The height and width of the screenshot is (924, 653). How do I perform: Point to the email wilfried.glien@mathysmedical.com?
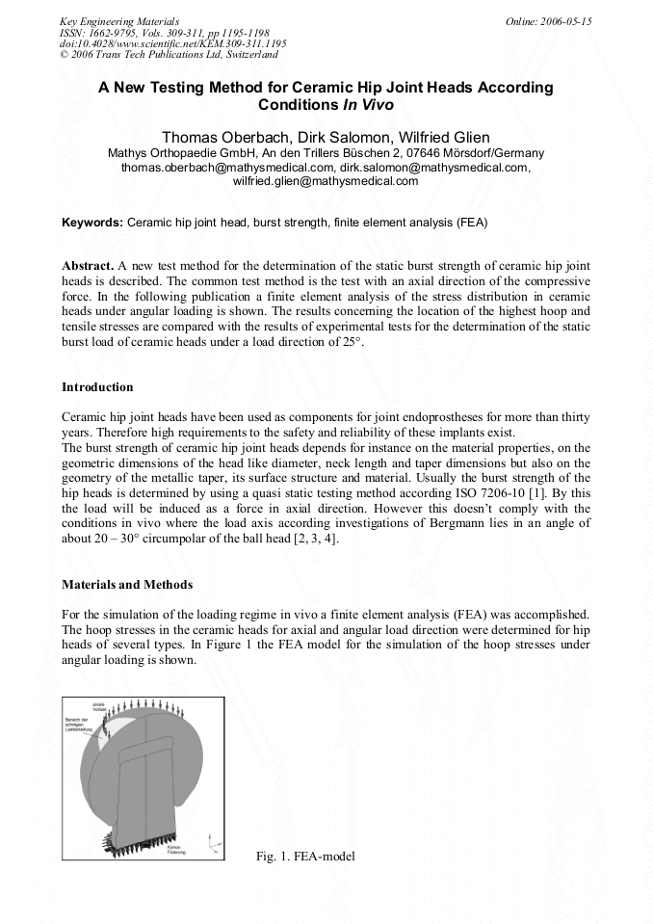pyautogui.click(x=326, y=180)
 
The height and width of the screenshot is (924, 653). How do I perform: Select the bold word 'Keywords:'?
pyautogui.click(x=92, y=222)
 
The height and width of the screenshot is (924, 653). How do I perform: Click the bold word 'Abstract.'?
pyautogui.click(x=88, y=265)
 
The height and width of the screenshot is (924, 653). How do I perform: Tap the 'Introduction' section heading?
pyautogui.click(x=97, y=387)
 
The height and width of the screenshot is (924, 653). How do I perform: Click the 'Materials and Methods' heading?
pyautogui.click(x=127, y=584)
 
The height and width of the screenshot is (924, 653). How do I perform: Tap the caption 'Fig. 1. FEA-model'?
pyautogui.click(x=305, y=857)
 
